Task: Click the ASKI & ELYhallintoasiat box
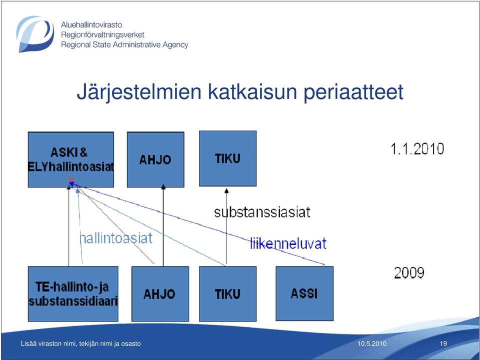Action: click(70, 159)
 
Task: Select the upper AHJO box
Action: click(155, 159)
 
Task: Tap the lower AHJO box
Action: click(160, 294)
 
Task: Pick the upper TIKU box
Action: click(228, 158)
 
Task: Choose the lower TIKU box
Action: click(228, 294)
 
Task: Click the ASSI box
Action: click(304, 293)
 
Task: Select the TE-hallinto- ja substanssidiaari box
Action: click(73, 294)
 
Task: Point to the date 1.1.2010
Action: click(417, 149)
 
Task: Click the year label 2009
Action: click(409, 272)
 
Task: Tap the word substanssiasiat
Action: click(262, 212)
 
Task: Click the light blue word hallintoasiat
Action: click(115, 238)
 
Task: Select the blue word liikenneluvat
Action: click(288, 243)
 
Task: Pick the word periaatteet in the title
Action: click(353, 92)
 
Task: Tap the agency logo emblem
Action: click(35, 34)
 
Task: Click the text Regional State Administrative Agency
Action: click(124, 44)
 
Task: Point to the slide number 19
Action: click(443, 343)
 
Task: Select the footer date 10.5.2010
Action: click(372, 343)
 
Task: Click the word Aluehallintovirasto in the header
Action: click(91, 24)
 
